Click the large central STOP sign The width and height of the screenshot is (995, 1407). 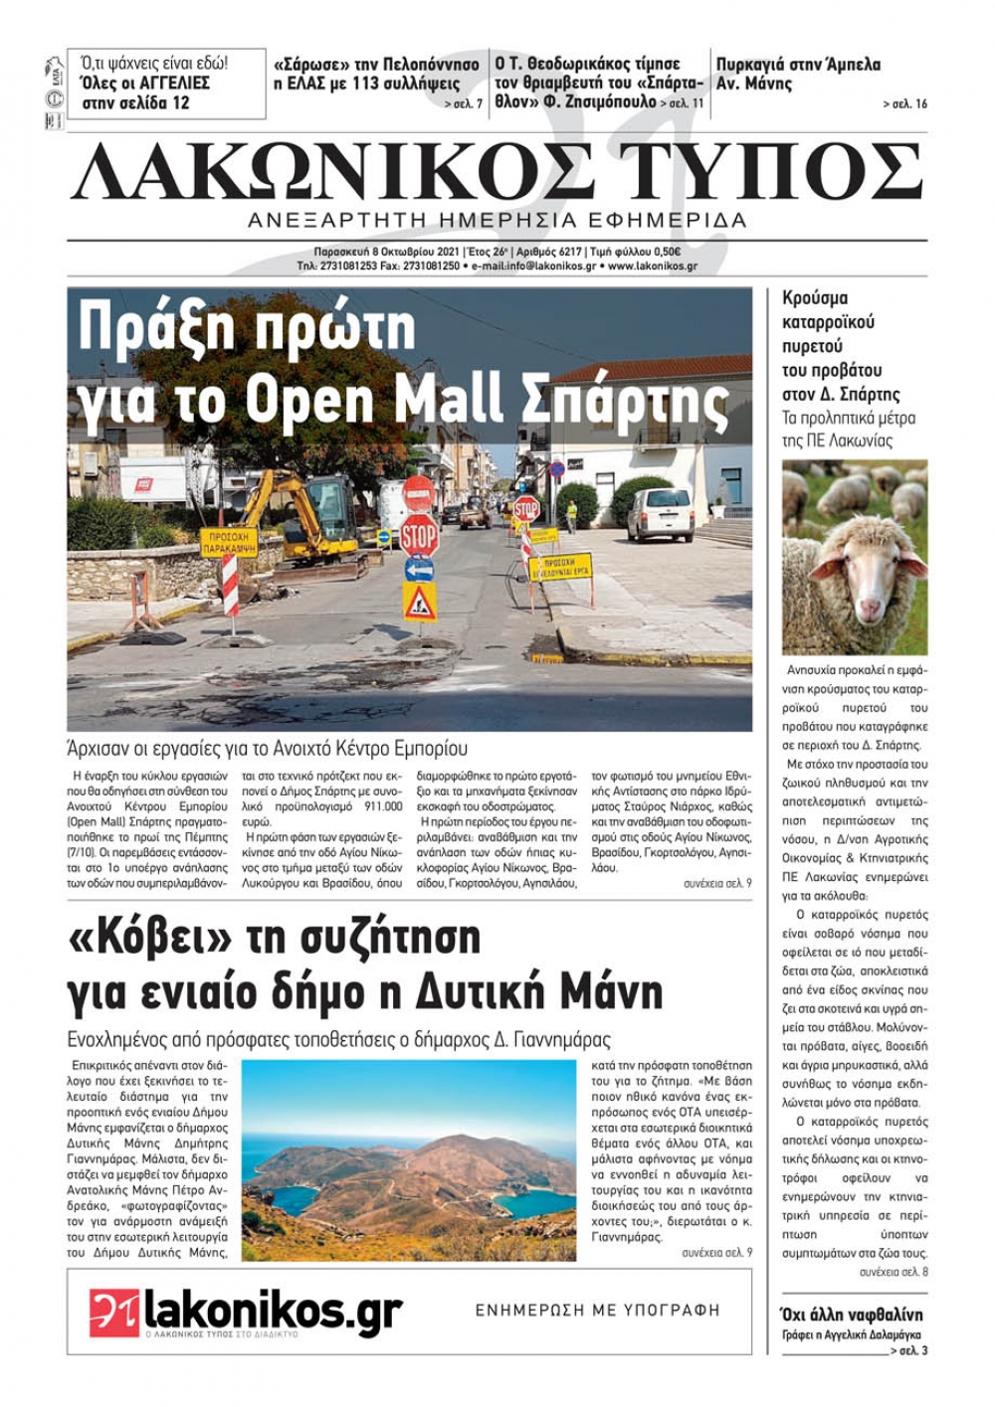[419, 536]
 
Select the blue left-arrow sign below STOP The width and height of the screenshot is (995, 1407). [419, 570]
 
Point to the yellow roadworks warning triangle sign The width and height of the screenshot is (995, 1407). [419, 602]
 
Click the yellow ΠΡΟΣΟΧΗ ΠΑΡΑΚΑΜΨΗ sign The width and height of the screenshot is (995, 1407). [229, 542]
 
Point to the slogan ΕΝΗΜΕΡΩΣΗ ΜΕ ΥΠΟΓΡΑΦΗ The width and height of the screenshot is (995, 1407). [597, 1310]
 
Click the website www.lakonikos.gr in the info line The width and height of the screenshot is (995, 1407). [652, 266]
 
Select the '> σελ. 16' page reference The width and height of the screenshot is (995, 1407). [904, 103]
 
